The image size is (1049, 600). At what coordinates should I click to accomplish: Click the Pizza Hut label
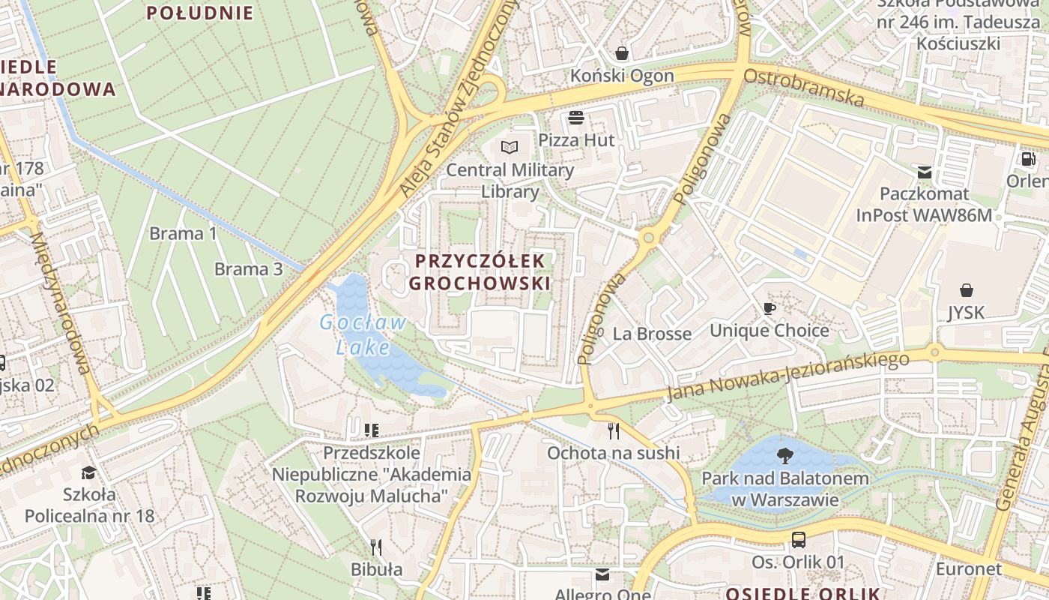click(x=576, y=140)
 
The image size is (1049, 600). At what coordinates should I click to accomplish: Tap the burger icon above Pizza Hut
click(x=576, y=118)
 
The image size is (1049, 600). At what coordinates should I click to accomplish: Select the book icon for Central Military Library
click(x=510, y=147)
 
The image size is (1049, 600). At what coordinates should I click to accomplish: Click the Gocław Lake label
click(x=363, y=334)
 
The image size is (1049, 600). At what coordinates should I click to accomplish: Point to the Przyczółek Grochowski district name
click(x=480, y=271)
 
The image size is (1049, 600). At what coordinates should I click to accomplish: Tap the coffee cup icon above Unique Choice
click(x=769, y=308)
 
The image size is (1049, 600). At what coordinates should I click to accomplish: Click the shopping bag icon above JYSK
click(x=967, y=289)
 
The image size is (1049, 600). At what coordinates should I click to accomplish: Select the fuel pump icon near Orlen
click(x=1028, y=159)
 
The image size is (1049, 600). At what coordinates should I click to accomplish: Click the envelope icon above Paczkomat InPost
click(x=924, y=172)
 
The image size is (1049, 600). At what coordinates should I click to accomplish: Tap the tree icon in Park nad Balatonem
click(x=785, y=455)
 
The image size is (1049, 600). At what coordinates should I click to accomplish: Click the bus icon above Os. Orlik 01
click(x=799, y=539)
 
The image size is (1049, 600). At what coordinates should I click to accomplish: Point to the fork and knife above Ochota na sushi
click(x=614, y=430)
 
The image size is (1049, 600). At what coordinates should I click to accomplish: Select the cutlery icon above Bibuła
click(x=376, y=547)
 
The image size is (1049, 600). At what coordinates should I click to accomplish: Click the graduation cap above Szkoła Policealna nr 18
click(x=88, y=472)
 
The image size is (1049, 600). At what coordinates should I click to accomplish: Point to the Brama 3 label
click(x=249, y=269)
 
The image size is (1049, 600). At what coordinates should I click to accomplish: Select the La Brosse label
click(x=652, y=334)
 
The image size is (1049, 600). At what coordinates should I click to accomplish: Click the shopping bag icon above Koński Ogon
click(x=622, y=53)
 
